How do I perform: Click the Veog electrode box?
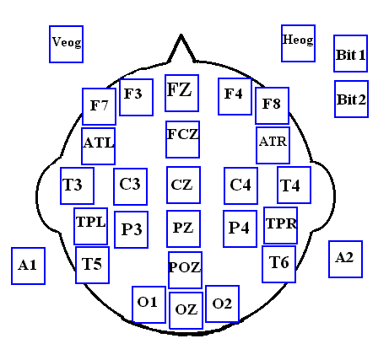tap(66, 44)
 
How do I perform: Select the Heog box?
tap(298, 43)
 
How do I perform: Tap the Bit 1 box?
tap(350, 53)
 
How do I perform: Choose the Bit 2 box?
tap(351, 99)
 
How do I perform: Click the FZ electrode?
tap(182, 93)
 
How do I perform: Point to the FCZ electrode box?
tap(183, 139)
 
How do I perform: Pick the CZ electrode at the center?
tap(183, 185)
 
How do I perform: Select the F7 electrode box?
tap(99, 106)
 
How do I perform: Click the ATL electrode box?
tap(98, 146)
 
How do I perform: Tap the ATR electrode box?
tap(273, 145)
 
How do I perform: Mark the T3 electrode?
tap(77, 185)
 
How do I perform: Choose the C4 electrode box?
tap(240, 185)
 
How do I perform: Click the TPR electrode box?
tap(280, 225)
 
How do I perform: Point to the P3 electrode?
tap(131, 229)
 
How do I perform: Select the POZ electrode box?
tap(185, 270)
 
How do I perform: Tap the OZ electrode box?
tap(186, 310)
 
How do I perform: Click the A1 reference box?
tap(28, 266)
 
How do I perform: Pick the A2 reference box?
tap(345, 259)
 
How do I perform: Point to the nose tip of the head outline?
tap(181, 35)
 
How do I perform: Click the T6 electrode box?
tap(278, 264)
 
